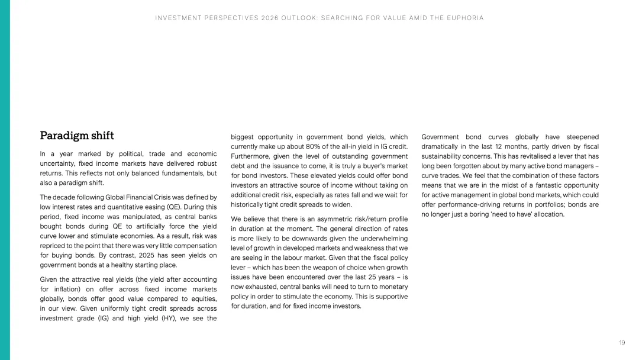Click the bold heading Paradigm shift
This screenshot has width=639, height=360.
[77, 136]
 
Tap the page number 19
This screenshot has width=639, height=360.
[622, 343]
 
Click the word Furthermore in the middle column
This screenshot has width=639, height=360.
[250, 156]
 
